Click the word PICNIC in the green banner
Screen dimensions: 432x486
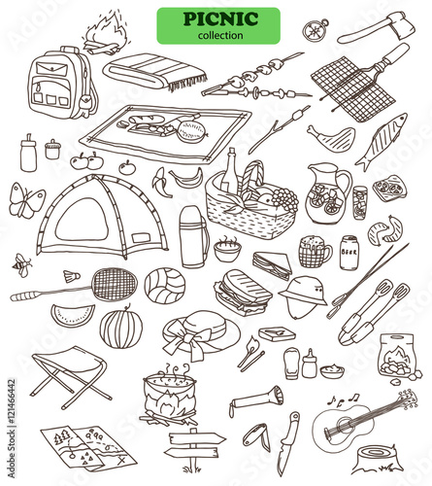click(220, 19)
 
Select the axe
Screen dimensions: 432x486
click(377, 28)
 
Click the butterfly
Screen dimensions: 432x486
click(26, 201)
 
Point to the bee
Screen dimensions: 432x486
click(22, 265)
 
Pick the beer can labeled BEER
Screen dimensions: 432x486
click(349, 253)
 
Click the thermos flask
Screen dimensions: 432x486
click(193, 236)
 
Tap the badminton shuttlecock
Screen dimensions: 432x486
click(72, 276)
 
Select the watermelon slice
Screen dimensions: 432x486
click(73, 315)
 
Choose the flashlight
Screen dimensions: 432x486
click(256, 398)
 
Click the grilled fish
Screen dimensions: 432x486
click(382, 142)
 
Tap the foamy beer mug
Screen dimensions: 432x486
click(315, 252)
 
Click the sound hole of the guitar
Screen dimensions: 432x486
click(344, 425)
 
